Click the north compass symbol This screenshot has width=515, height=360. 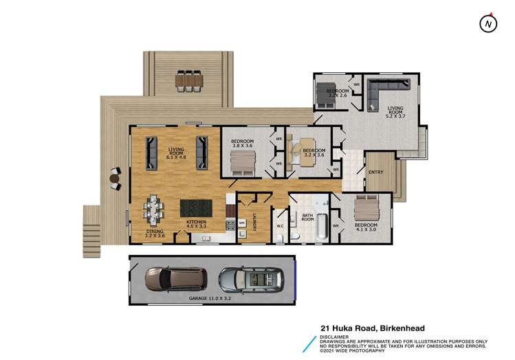(x=487, y=23)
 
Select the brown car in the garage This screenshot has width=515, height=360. (x=175, y=279)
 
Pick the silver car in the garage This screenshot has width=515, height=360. (x=251, y=279)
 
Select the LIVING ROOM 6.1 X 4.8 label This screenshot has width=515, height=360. (x=175, y=150)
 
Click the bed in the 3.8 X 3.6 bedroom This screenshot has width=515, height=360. (x=241, y=164)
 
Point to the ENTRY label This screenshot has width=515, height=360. (x=375, y=172)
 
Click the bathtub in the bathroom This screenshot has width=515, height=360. (x=321, y=223)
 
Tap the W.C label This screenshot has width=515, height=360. (x=280, y=225)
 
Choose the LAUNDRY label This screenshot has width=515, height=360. (x=254, y=221)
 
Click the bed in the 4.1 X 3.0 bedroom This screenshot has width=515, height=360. (x=365, y=208)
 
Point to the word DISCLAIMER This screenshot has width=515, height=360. (x=335, y=337)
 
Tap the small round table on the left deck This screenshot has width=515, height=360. (x=114, y=179)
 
